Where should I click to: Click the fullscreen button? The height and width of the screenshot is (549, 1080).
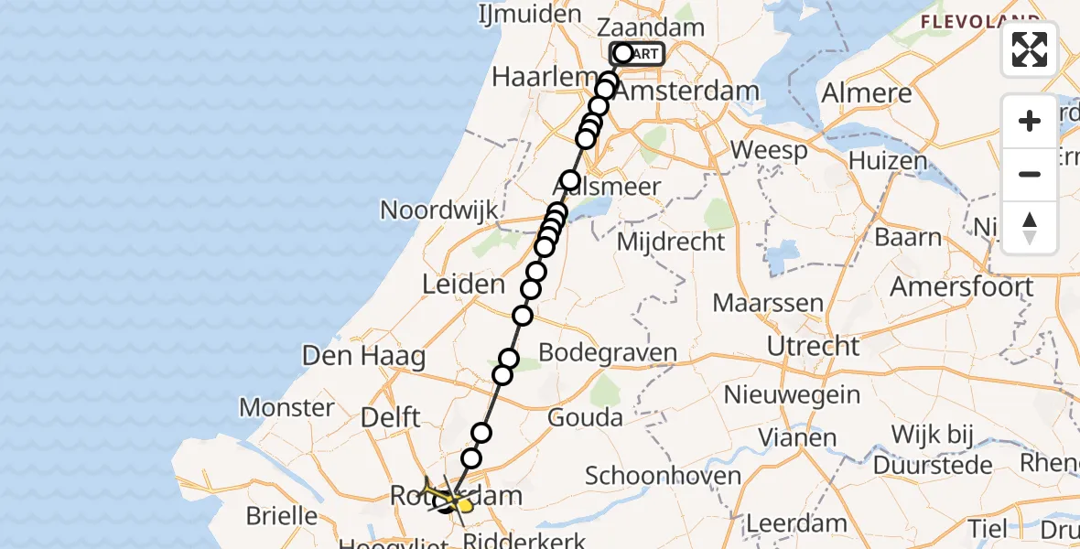pyautogui.click(x=1030, y=49)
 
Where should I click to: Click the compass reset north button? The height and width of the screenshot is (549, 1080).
pyautogui.click(x=1030, y=228)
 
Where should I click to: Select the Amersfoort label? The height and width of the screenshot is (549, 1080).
pyautogui.click(x=962, y=285)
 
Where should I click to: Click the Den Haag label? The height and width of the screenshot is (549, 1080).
pyautogui.click(x=363, y=355)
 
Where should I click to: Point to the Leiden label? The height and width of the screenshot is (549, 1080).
pyautogui.click(x=463, y=284)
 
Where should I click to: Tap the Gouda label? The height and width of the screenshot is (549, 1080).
pyautogui.click(x=585, y=418)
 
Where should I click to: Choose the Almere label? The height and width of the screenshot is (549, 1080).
pyautogui.click(x=867, y=92)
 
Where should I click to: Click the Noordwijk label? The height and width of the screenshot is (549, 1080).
pyautogui.click(x=439, y=210)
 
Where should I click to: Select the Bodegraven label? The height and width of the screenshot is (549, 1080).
pyautogui.click(x=608, y=352)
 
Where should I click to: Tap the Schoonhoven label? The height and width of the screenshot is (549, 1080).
pyautogui.click(x=663, y=476)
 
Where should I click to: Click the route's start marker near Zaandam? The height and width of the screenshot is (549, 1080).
pyautogui.click(x=623, y=54)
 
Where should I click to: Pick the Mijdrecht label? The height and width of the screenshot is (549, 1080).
pyautogui.click(x=671, y=242)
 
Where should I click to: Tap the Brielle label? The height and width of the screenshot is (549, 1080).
pyautogui.click(x=281, y=515)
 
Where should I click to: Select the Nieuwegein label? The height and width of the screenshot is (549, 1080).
pyautogui.click(x=792, y=395)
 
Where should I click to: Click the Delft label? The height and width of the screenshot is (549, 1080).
pyautogui.click(x=390, y=417)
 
